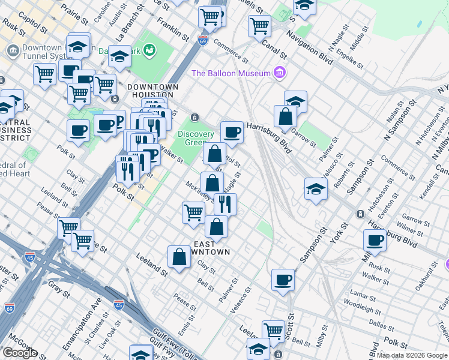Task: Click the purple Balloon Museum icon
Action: pyautogui.click(x=279, y=73)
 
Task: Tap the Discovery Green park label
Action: pyautogui.click(x=196, y=138)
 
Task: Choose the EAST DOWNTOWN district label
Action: pyautogui.click(x=211, y=248)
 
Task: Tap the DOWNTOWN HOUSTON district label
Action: pyautogui.click(x=152, y=91)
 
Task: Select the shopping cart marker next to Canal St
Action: pyautogui.click(x=259, y=25)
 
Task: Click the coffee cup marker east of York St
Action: pyautogui.click(x=375, y=240)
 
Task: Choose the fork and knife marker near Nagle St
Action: pyautogui.click(x=225, y=203)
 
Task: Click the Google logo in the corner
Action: pyautogui.click(x=20, y=353)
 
